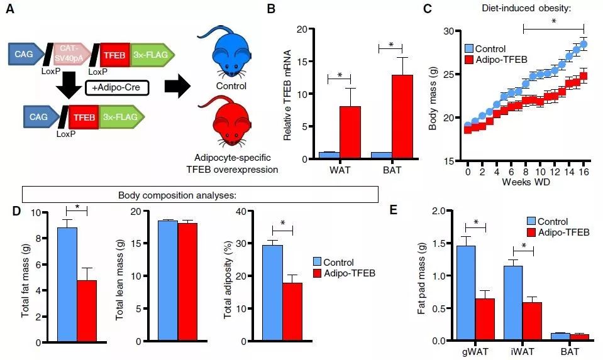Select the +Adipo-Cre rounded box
[116, 87]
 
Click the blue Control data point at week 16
[584, 44]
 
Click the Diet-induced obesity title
[527, 8]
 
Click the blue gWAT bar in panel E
[465, 293]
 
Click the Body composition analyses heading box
[200, 195]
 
